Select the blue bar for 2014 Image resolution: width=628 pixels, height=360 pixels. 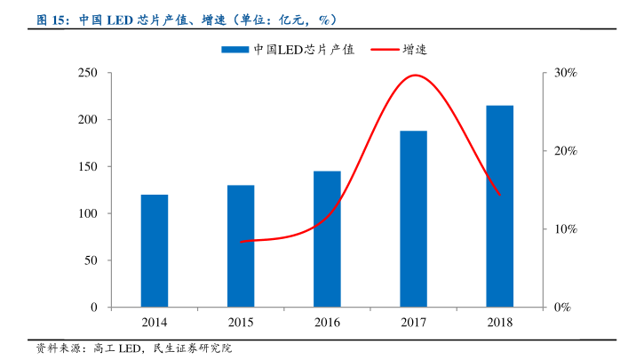point(154,251)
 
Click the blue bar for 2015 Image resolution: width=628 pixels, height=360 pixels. point(240,246)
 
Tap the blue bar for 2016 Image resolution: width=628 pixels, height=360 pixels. point(327,239)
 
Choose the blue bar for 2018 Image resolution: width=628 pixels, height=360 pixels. point(499,206)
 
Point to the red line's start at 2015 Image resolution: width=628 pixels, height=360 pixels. point(241,242)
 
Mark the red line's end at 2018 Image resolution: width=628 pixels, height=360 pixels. point(499,195)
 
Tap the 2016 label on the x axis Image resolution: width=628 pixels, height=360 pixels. point(327,322)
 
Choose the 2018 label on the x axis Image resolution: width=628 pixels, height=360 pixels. point(499,322)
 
